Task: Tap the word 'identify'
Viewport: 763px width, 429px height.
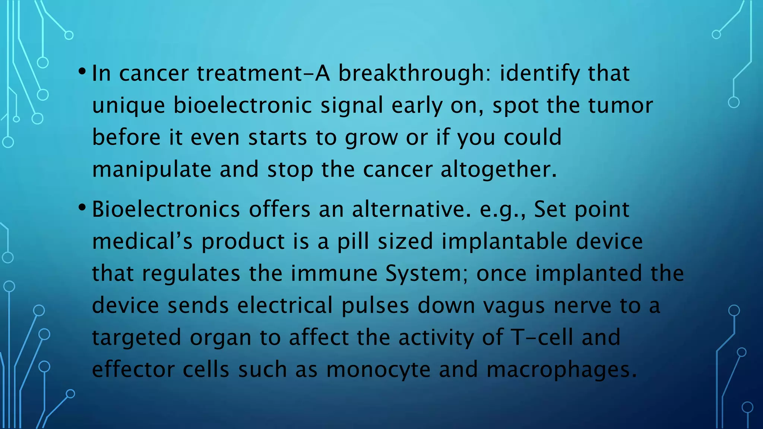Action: pos(539,73)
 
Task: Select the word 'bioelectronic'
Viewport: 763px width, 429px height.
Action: pos(243,105)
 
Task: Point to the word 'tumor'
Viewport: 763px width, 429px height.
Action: pos(620,105)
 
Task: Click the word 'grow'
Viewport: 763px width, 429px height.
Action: pos(371,138)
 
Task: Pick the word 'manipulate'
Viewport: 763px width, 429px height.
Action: pos(151,170)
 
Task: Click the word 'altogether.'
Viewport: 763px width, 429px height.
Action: pos(498,170)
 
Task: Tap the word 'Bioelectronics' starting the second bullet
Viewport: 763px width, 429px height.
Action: pos(166,209)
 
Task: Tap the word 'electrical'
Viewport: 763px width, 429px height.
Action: pos(285,306)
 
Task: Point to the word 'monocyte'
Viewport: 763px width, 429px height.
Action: pos(378,370)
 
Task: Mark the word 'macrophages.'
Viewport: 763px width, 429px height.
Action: pos(561,370)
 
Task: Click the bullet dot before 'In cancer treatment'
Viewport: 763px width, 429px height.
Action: pos(82,71)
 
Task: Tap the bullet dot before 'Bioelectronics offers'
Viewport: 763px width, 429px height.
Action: pos(82,207)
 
